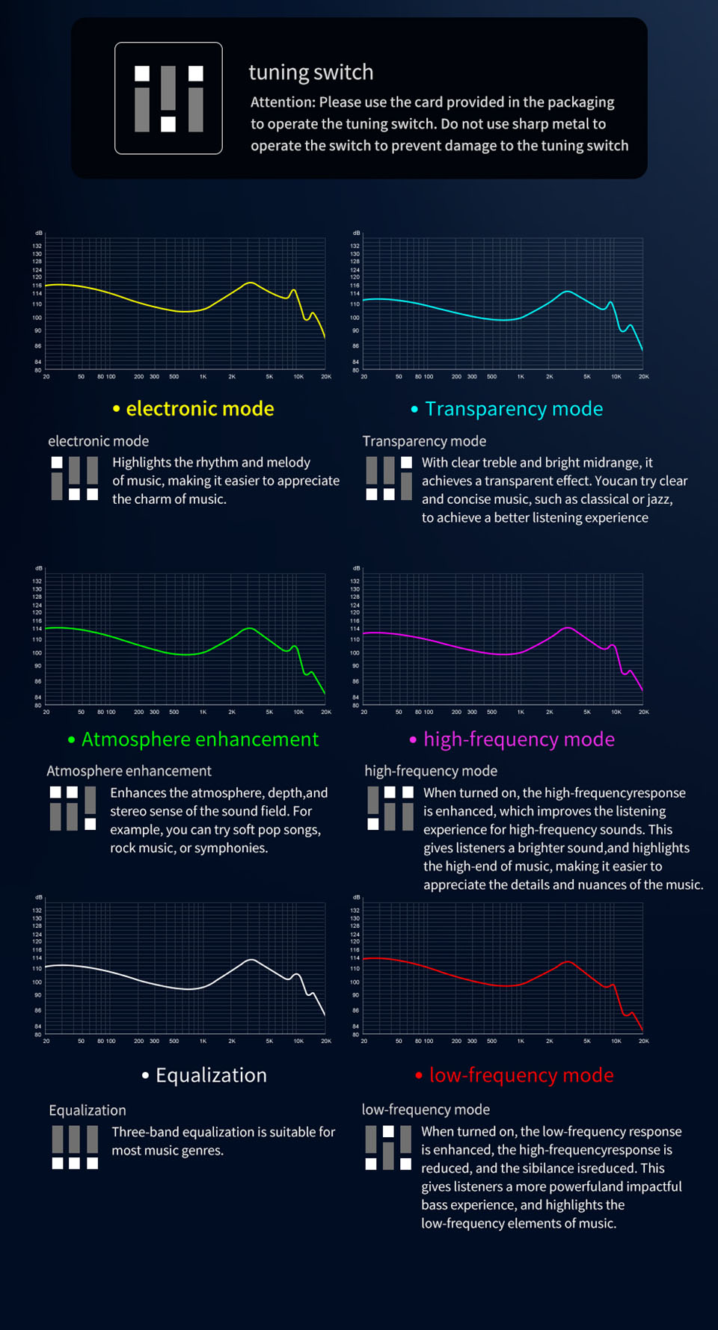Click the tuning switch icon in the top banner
click(x=168, y=98)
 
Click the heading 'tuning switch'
click(x=310, y=73)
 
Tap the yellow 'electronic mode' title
click(x=200, y=409)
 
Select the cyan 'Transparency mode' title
click(x=514, y=409)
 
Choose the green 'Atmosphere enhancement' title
click(x=200, y=739)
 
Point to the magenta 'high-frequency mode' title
click(x=519, y=739)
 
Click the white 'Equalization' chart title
click(x=211, y=1075)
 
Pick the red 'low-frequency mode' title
click(x=521, y=1075)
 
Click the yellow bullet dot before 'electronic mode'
click(x=116, y=409)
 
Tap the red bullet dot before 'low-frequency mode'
click(x=419, y=1076)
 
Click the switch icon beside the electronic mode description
click(x=75, y=478)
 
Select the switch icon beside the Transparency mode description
click(x=389, y=478)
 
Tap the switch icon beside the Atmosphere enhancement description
click(x=73, y=808)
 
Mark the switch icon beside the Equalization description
click(x=75, y=1147)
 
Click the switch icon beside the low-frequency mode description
click(x=388, y=1147)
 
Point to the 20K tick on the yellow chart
click(x=326, y=377)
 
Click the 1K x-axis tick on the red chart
click(x=521, y=1041)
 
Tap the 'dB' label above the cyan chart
click(x=357, y=233)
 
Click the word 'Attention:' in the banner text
click(x=283, y=102)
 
